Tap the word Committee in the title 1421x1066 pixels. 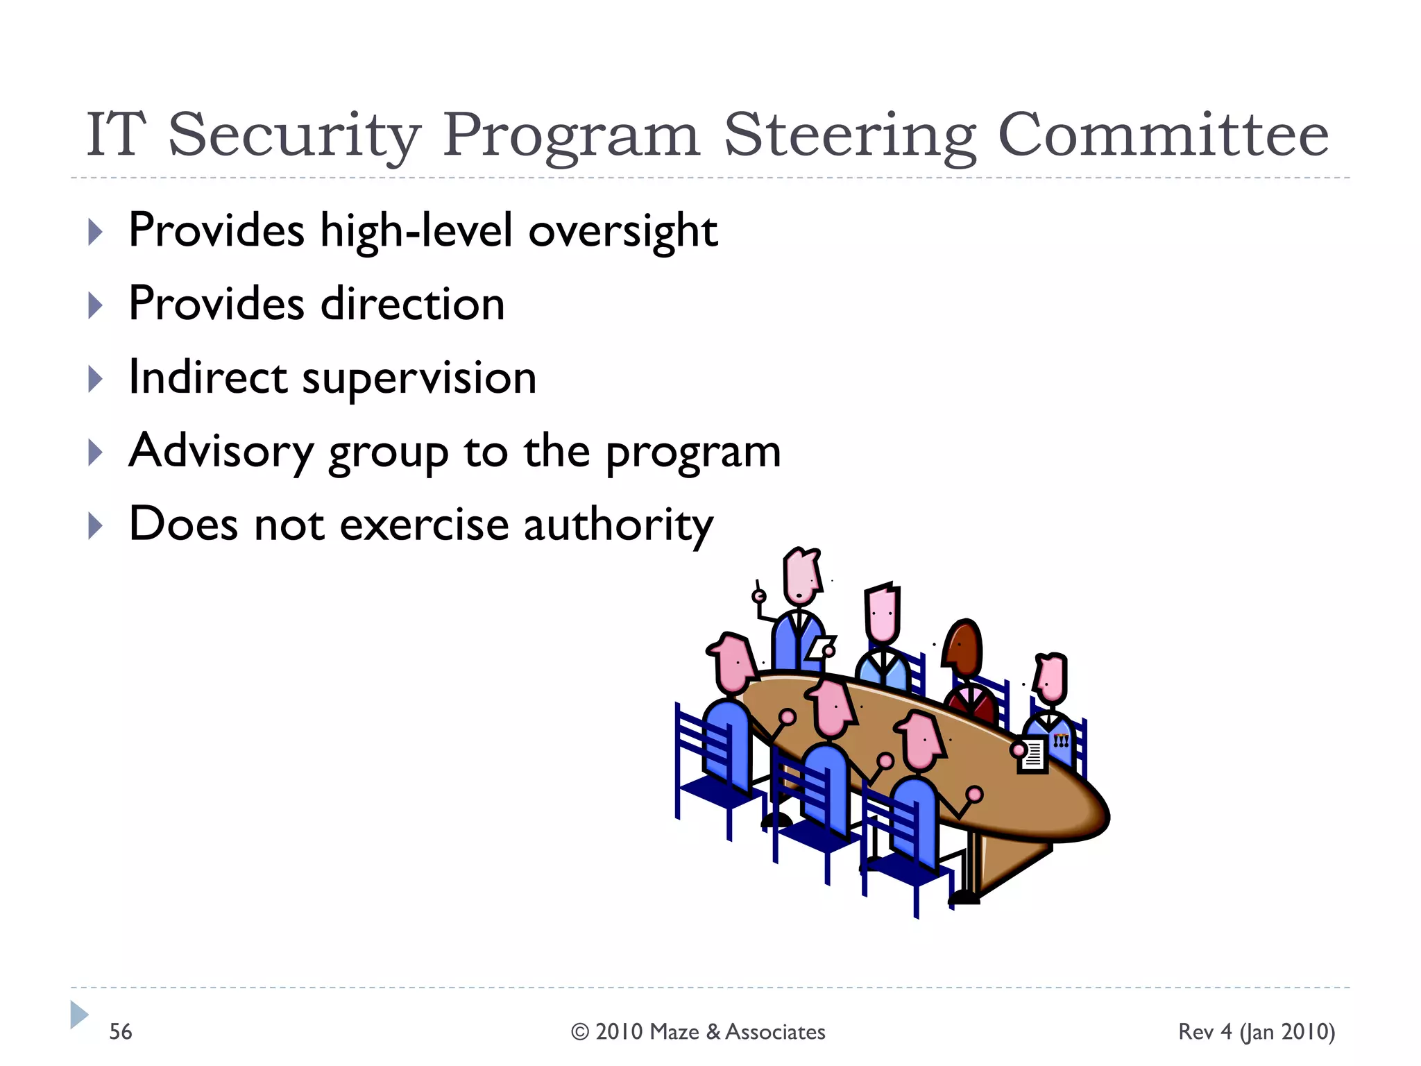pos(1163,135)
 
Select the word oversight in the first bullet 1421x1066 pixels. pos(622,231)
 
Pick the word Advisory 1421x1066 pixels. pos(221,452)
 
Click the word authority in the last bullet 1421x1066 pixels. pos(618,525)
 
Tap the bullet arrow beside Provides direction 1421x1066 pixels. pos(96,305)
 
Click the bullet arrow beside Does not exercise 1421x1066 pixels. pos(96,526)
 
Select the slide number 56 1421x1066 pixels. pos(120,1031)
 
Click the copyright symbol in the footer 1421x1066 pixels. pos(580,1032)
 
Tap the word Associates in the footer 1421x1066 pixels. pos(775,1032)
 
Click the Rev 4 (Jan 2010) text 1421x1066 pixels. pos(1256,1031)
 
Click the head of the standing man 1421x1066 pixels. pos(801,576)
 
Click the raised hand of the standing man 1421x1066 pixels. pos(759,595)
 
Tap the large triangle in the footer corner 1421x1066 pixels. pos(78,1015)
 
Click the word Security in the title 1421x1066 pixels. pos(294,136)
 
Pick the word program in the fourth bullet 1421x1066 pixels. pos(693,452)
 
